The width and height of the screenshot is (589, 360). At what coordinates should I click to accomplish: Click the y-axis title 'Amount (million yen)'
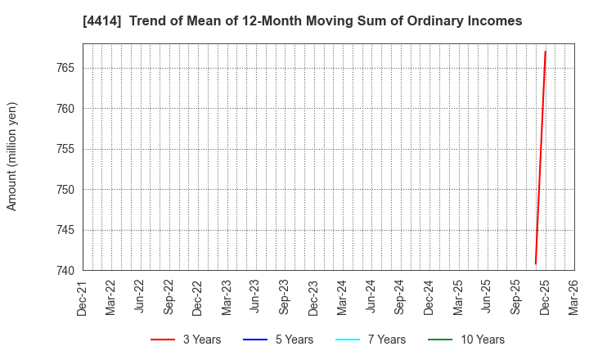coord(12,156)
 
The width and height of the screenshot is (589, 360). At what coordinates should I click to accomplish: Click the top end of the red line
coord(546,52)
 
